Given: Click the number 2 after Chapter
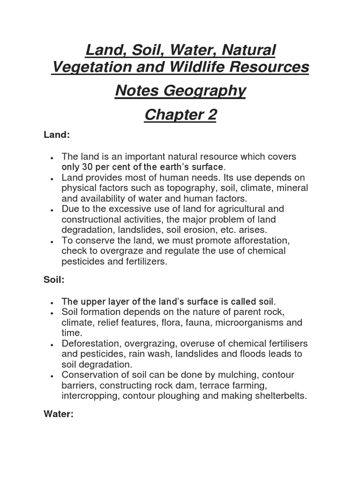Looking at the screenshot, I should (210, 114).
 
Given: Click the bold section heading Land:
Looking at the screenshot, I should (56, 135).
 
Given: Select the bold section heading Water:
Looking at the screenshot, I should (59, 414).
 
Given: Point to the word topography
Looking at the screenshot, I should (190, 188).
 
